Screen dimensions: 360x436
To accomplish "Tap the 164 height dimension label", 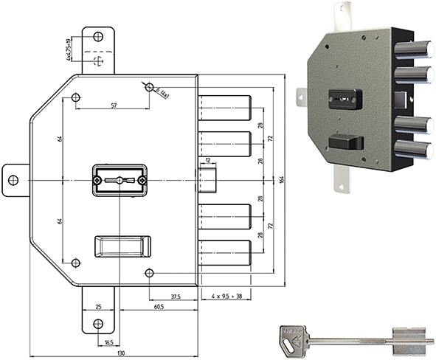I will (x=284, y=179).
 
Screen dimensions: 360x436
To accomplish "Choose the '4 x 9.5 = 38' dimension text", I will (x=225, y=297).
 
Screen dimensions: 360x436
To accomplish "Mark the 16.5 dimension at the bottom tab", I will (x=108, y=342).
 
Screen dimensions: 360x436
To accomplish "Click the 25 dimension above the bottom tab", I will (x=98, y=305).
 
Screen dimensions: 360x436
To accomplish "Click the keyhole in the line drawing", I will (x=119, y=180).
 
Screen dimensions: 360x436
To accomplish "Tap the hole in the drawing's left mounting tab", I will (x=13, y=180).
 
